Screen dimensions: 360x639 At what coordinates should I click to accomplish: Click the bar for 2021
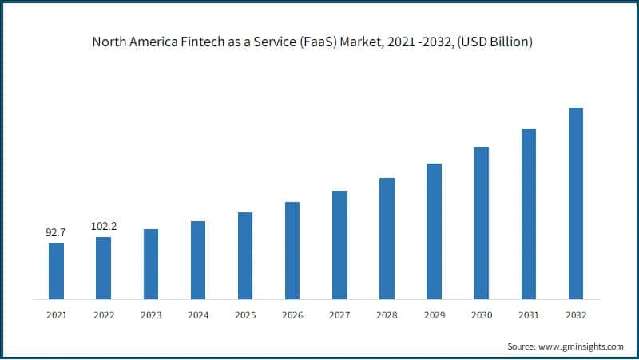[x=56, y=271]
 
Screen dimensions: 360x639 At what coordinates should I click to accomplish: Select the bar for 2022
[x=103, y=268]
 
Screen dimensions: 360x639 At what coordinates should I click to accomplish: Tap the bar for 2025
[x=245, y=256]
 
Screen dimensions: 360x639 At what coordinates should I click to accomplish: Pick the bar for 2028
[x=387, y=239]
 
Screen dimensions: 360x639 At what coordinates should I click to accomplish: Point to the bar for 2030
[x=481, y=224]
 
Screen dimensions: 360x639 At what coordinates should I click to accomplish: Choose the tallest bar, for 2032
[x=575, y=204]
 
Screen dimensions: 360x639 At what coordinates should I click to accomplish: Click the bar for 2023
[x=150, y=264]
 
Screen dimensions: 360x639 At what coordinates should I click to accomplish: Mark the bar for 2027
[x=339, y=245]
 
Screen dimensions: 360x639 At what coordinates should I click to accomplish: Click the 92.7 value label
[x=56, y=232]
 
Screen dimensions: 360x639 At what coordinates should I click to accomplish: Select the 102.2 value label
[x=104, y=226]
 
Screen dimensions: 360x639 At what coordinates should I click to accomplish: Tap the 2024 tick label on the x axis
[x=198, y=315]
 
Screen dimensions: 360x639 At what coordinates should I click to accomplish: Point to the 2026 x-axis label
[x=292, y=315]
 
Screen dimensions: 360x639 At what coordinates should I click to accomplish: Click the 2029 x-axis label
[x=434, y=315]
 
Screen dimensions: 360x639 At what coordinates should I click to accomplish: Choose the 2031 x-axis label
[x=528, y=315]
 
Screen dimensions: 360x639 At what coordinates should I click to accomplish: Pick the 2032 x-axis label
[x=575, y=315]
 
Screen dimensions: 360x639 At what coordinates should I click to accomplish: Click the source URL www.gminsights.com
[x=583, y=346]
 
